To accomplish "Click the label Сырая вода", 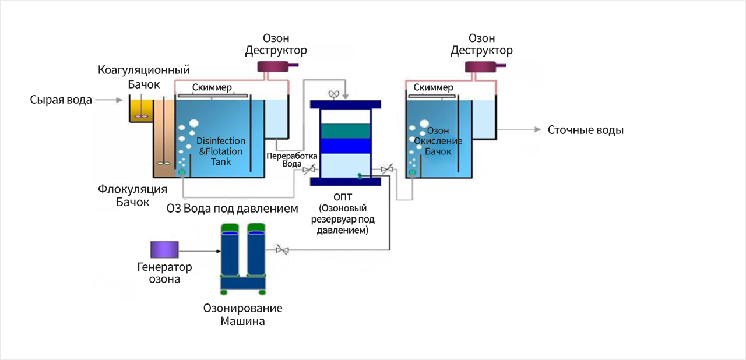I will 61,100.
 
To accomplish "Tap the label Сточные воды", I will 585,130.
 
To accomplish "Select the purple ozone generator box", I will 164,250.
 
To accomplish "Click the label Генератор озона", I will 164,273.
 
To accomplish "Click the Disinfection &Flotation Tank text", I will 221,151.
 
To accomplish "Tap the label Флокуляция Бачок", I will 132,196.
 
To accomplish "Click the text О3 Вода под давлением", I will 233,208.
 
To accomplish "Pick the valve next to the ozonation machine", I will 282,250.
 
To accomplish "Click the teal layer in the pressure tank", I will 346,131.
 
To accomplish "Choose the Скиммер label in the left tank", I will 212,88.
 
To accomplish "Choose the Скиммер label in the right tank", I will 433,88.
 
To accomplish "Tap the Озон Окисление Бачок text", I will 438,141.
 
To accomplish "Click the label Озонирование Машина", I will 242,315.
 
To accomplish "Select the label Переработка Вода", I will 291,160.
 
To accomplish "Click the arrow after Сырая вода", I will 109,100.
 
